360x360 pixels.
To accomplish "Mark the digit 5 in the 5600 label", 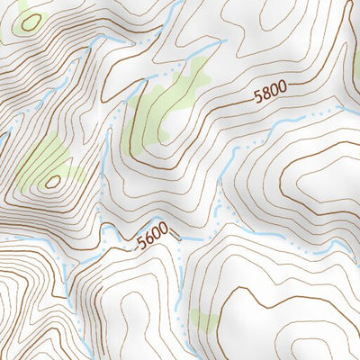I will (140, 246).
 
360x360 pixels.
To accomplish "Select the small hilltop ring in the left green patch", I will (53, 181).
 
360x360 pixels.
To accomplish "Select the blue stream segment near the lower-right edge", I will (337, 246).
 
